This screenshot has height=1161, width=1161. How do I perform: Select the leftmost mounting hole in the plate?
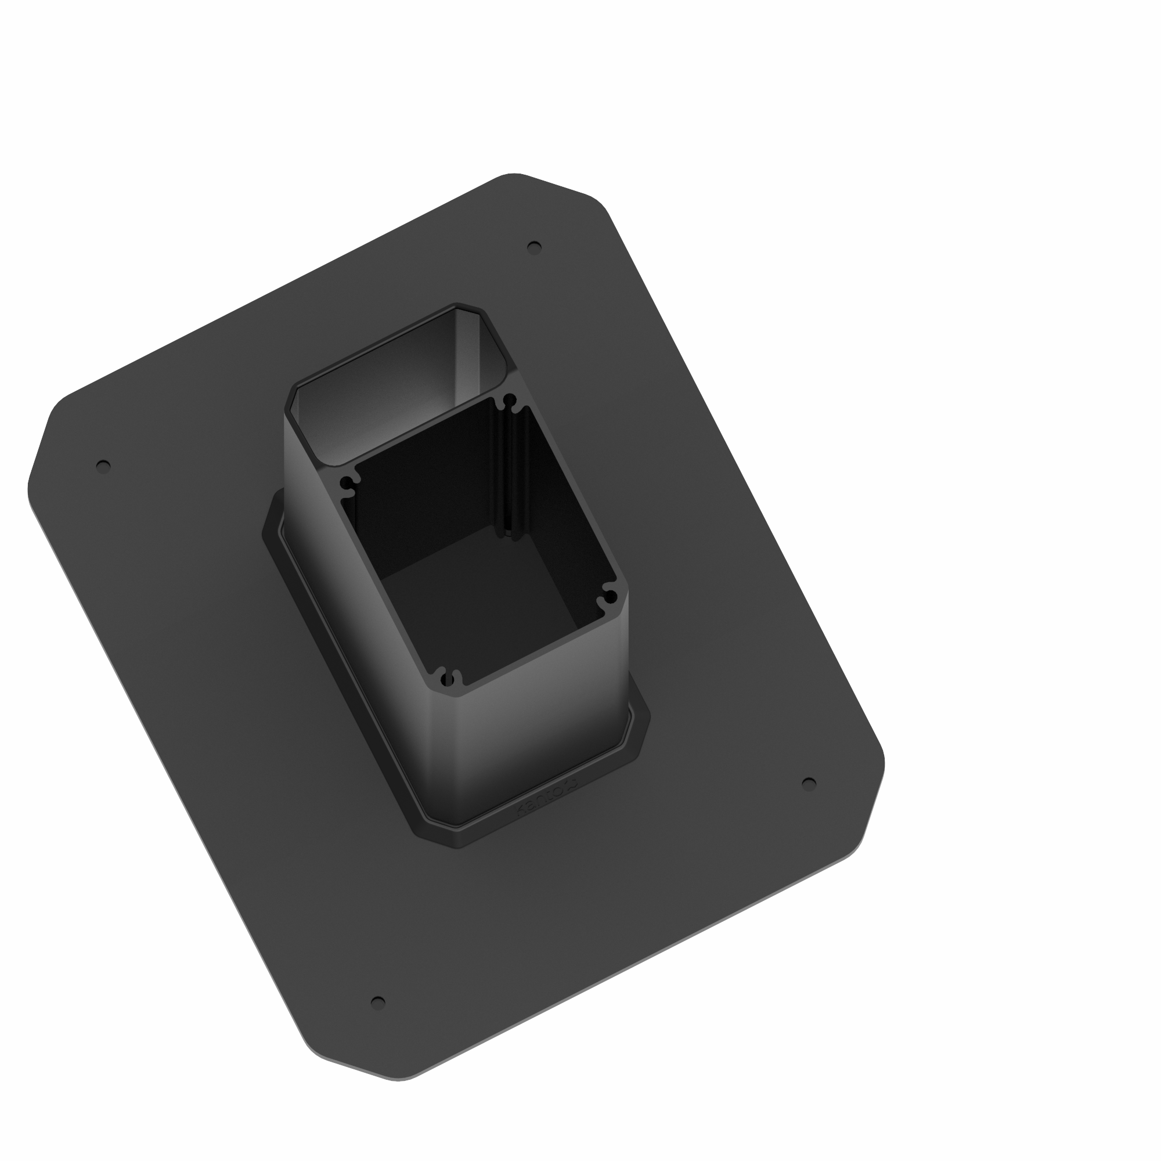[x=103, y=466]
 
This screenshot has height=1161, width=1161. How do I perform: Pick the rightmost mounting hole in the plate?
[x=809, y=783]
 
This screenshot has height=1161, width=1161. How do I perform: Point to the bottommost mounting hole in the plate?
[x=378, y=1003]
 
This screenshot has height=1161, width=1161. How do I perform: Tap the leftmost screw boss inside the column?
[x=347, y=484]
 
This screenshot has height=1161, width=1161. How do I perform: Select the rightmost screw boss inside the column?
[x=610, y=597]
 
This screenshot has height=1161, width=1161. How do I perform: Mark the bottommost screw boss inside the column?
[x=447, y=680]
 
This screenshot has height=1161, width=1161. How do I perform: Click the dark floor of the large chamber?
[x=481, y=601]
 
